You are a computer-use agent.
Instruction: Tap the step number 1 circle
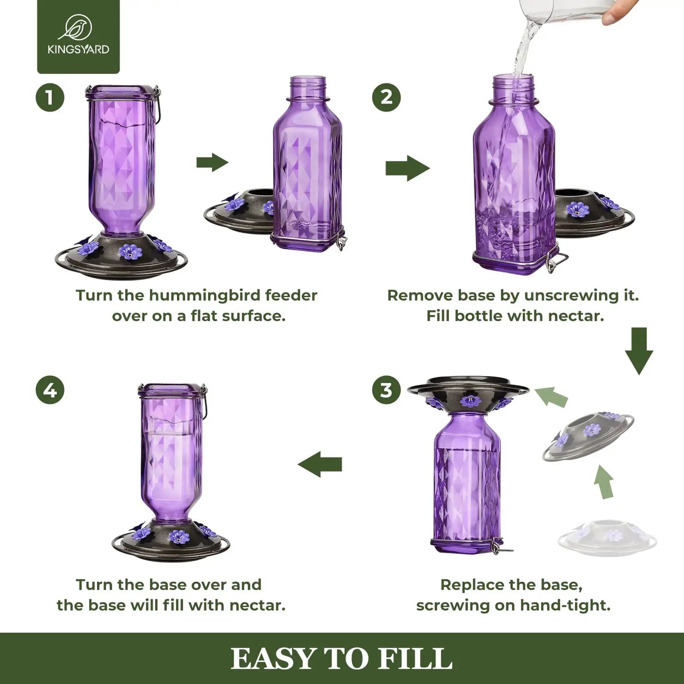[50, 98]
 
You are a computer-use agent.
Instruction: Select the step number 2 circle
[386, 98]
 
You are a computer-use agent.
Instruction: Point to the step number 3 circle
[386, 390]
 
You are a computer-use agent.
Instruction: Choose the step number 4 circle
[50, 391]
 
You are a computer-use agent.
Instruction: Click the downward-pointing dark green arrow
[639, 351]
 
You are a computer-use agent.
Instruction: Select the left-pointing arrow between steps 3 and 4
[320, 464]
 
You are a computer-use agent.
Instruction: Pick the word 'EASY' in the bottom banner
[273, 659]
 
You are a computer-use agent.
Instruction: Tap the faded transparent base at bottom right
[607, 538]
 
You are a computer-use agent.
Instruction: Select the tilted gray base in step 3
[588, 435]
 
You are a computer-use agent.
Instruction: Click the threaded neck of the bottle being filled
[514, 88]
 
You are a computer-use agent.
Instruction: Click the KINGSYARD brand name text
[78, 49]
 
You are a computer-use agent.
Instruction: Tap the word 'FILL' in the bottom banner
[415, 659]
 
